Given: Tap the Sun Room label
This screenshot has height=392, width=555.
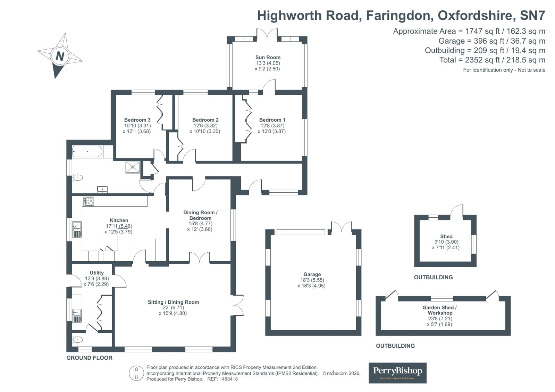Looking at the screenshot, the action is (268, 58).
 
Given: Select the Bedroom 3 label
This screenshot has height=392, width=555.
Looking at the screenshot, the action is (137, 120).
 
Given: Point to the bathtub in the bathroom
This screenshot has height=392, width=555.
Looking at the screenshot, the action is (87, 151).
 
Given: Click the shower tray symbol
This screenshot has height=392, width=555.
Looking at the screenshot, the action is (133, 167).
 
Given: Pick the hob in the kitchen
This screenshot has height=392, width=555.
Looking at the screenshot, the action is (89, 201).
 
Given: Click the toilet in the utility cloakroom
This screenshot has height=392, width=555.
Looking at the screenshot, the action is (77, 340).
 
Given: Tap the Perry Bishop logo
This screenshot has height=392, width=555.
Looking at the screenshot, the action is (397, 373).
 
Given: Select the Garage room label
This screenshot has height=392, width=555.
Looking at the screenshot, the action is (312, 274).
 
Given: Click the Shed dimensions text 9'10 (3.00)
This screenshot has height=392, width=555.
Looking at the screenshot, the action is (446, 242).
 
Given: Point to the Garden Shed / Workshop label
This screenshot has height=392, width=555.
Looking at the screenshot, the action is (440, 310).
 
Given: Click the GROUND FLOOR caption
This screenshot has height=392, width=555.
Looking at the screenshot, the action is (90, 358).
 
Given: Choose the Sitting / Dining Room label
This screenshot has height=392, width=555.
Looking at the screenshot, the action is (174, 302).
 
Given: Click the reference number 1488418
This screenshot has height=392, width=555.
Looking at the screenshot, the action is (228, 379).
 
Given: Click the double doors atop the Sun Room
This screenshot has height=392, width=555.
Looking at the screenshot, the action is (267, 33).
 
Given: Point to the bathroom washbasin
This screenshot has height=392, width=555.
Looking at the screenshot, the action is (102, 190).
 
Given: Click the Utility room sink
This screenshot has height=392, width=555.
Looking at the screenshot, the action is (77, 315).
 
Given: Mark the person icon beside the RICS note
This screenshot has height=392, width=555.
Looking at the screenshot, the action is (136, 373).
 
